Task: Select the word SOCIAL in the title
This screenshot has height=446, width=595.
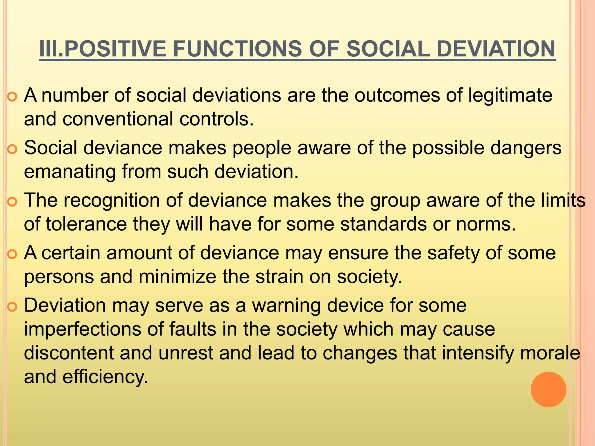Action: [388, 49]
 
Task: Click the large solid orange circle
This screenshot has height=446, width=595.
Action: [548, 389]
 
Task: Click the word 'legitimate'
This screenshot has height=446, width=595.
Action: [510, 96]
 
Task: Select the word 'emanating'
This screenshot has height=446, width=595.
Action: [70, 172]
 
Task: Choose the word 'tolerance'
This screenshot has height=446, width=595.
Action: [86, 224]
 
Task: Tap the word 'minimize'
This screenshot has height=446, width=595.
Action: [177, 277]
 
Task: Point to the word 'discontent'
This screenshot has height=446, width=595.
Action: [69, 353]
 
